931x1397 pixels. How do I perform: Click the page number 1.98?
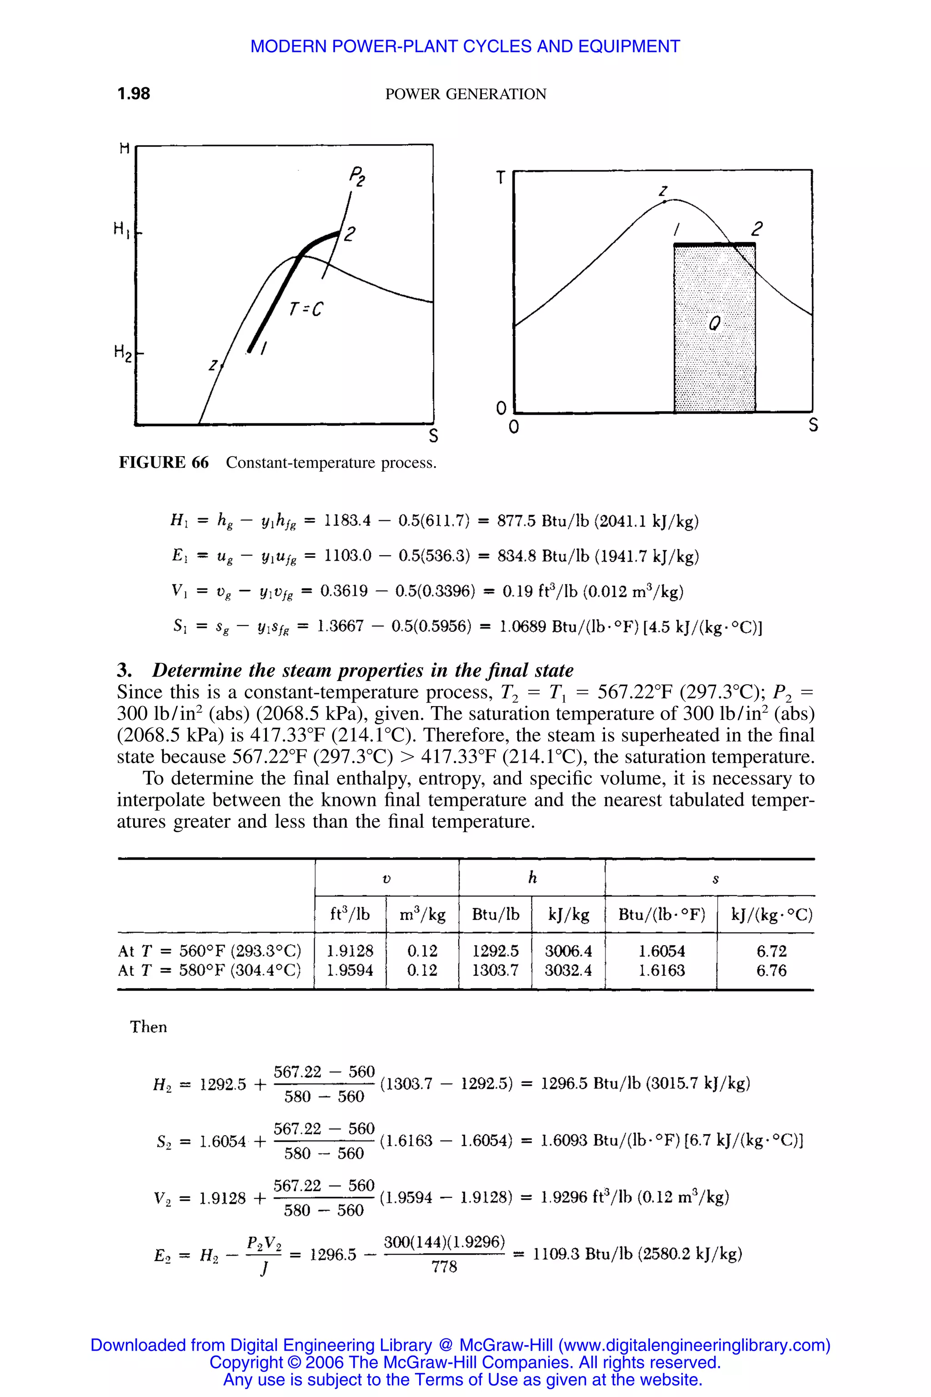[x=134, y=94]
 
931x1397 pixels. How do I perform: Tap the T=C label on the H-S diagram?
[x=306, y=309]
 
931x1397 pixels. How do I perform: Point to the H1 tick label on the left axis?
[x=121, y=228]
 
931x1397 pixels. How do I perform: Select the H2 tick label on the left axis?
[x=122, y=352]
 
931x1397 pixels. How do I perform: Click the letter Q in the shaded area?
[x=715, y=324]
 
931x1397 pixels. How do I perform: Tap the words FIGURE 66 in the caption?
[x=164, y=462]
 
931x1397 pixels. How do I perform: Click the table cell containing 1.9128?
[x=350, y=951]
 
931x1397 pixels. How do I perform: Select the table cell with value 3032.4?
[x=568, y=970]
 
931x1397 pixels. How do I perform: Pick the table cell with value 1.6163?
[x=661, y=970]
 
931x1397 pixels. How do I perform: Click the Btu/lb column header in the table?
[x=495, y=915]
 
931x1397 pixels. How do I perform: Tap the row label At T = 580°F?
[x=209, y=970]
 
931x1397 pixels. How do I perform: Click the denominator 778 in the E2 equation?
[x=444, y=1267]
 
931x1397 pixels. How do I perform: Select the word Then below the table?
[x=149, y=1027]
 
